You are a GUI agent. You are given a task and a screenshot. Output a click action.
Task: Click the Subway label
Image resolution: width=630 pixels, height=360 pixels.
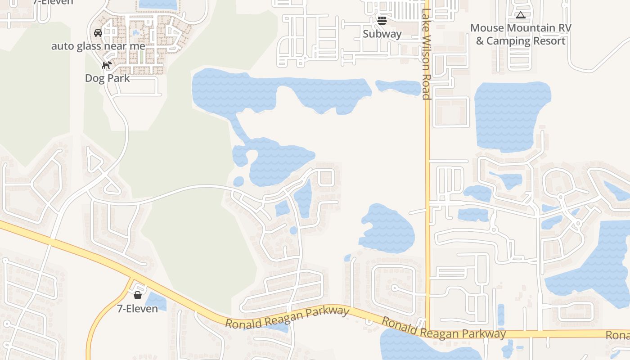(x=382, y=34)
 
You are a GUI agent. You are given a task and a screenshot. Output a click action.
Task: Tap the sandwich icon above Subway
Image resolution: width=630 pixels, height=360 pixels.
(x=382, y=20)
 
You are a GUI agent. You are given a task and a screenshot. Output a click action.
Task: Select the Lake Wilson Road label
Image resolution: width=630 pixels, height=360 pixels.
(x=426, y=54)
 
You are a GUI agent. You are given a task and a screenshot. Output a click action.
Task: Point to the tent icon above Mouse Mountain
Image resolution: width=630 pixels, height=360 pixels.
(x=521, y=15)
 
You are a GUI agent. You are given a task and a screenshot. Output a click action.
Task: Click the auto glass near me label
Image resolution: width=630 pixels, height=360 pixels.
(x=98, y=46)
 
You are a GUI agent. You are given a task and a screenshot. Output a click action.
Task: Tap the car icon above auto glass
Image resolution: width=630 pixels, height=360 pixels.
(x=98, y=33)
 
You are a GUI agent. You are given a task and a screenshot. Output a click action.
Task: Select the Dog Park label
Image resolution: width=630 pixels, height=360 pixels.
(x=108, y=78)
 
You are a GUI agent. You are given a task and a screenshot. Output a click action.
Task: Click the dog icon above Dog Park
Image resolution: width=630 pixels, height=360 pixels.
(x=107, y=65)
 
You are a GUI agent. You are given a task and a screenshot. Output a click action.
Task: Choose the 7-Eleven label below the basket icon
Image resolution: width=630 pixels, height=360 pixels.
(x=137, y=309)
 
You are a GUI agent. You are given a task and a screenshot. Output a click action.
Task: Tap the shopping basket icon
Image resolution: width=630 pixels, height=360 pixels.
(x=138, y=295)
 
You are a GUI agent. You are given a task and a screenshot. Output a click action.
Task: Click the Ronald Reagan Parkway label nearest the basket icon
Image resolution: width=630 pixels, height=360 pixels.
(x=287, y=318)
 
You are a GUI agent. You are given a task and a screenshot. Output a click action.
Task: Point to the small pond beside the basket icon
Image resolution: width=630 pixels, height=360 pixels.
(x=156, y=301)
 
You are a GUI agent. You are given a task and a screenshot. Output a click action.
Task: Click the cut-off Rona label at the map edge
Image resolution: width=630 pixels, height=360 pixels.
(x=617, y=336)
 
